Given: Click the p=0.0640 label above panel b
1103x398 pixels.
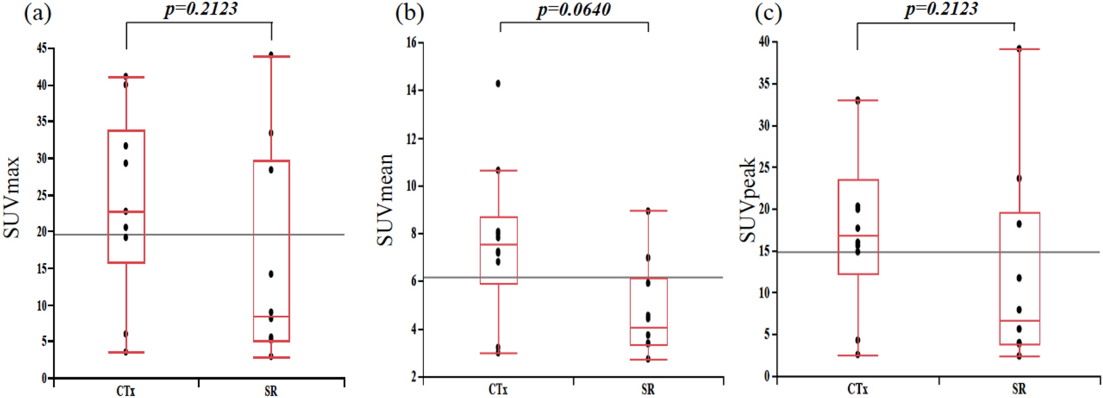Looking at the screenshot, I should (574, 10).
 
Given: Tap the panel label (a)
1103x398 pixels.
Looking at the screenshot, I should (37, 13).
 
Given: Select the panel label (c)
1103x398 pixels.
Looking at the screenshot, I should (768, 13).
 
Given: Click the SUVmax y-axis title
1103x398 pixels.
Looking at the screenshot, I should (12, 197).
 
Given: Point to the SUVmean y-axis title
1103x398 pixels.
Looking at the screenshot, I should (385, 199).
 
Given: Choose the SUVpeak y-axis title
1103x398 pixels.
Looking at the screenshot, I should (748, 200).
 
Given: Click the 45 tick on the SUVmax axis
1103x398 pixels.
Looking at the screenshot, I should (42, 48).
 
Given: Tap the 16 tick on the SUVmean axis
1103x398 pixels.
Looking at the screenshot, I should (411, 42).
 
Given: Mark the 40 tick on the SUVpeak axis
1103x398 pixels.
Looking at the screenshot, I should (764, 42).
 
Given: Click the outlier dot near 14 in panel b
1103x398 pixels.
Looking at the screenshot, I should (498, 84).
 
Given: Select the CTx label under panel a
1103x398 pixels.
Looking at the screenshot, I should (125, 391).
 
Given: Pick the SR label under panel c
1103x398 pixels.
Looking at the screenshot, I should (1019, 389).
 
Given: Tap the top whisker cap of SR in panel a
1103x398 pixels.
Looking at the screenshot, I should (271, 57).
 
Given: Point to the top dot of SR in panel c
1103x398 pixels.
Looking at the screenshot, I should (1019, 48).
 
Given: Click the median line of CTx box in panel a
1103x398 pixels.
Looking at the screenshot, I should (126, 212).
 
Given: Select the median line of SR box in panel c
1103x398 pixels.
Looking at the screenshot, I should (1020, 321).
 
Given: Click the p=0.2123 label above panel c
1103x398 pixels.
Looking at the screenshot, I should (941, 9).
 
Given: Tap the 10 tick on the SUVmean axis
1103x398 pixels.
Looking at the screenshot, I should (411, 185).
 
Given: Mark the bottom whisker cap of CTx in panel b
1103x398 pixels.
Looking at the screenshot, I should (498, 353).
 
